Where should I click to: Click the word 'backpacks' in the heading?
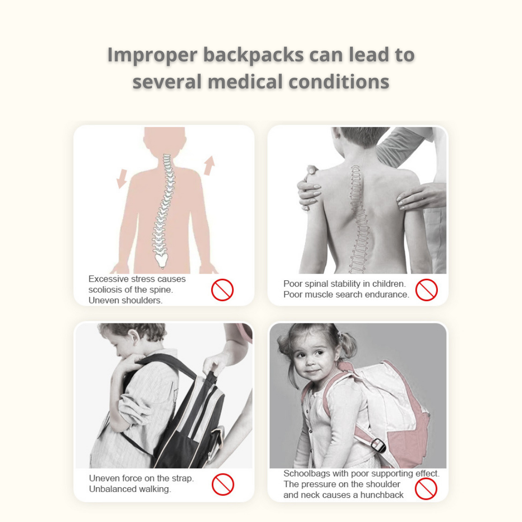coord(253,55)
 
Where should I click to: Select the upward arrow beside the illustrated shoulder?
coord(210,165)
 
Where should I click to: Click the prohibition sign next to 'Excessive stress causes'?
coord(222,290)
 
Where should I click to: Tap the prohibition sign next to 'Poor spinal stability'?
coord(426,290)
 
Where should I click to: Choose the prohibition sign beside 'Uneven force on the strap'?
coord(223,484)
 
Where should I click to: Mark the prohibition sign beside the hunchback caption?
coord(426,489)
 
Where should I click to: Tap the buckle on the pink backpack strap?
coord(378,445)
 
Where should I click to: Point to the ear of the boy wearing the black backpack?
coord(134,340)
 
